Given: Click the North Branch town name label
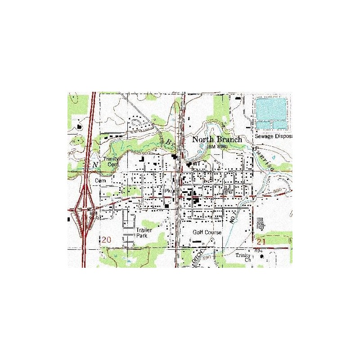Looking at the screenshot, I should [217, 139].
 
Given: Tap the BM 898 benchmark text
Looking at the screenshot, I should [217, 147].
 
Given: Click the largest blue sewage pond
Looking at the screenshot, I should [270, 108].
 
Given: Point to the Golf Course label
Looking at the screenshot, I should [207, 233].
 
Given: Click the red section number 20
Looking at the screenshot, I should [106, 240].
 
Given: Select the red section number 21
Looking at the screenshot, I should [263, 243].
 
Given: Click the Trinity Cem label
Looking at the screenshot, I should [110, 161].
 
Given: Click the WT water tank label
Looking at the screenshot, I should [196, 165].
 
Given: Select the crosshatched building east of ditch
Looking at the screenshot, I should [260, 222].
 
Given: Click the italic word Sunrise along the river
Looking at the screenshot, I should [264, 159].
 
